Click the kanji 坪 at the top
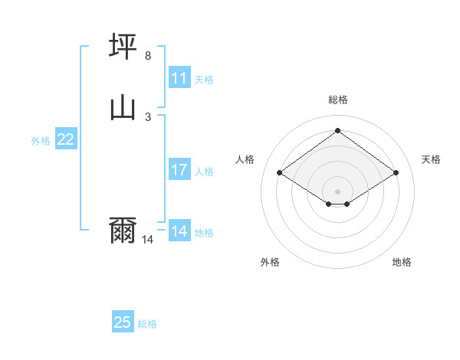[123, 47]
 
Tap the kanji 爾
[123, 230]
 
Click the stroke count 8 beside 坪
[148, 56]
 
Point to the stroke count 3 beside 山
[148, 116]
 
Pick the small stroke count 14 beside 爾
[148, 240]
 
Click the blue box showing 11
[179, 78]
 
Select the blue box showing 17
[179, 170]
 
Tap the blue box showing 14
[179, 231]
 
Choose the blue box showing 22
[66, 139]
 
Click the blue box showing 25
[123, 322]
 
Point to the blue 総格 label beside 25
[147, 324]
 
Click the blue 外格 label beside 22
[41, 141]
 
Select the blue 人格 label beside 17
[204, 172]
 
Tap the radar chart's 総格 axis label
[337, 100]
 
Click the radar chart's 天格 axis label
[431, 159]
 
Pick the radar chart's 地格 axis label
[402, 262]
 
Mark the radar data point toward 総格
[337, 130]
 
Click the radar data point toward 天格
[396, 173]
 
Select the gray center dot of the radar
[337, 191]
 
